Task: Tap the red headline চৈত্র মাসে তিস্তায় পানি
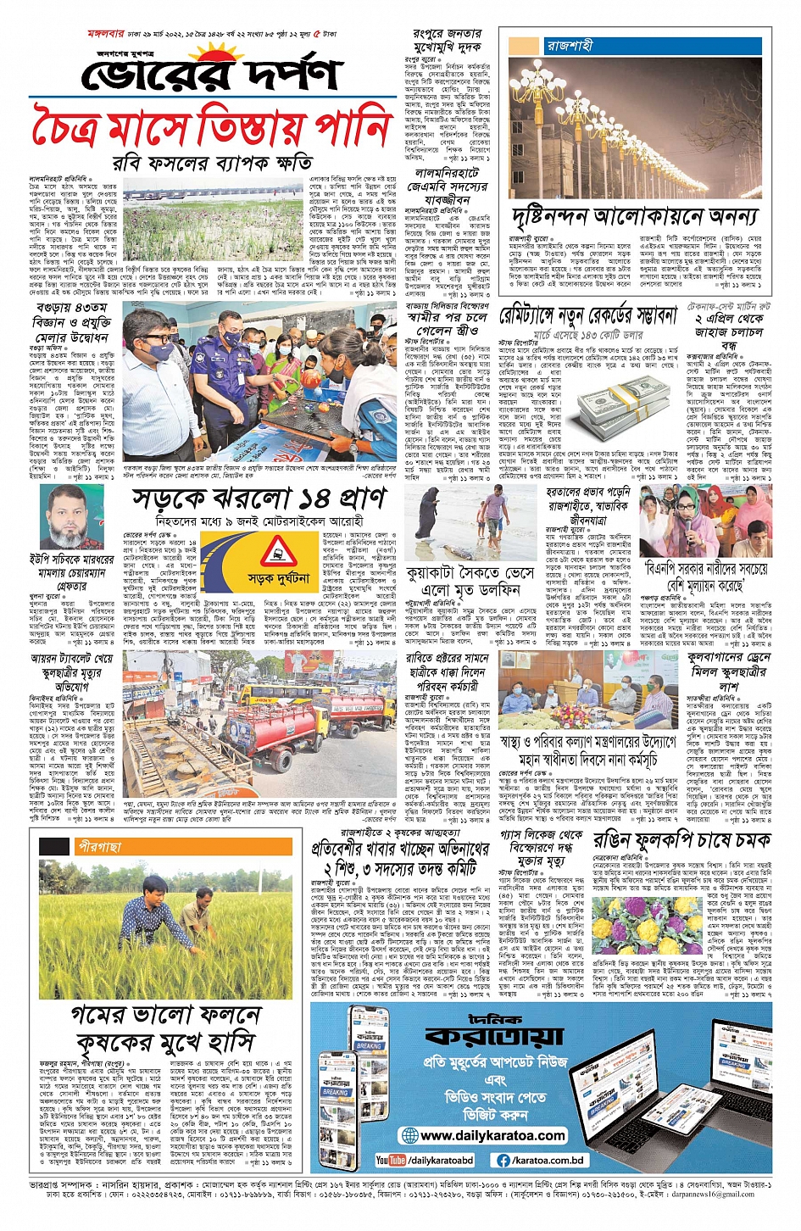click(212, 127)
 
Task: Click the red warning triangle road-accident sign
click(277, 552)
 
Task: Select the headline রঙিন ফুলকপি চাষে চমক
click(681, 840)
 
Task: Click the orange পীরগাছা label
click(99, 846)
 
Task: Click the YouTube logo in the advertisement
click(392, 1160)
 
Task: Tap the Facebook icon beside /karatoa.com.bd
click(503, 1160)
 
